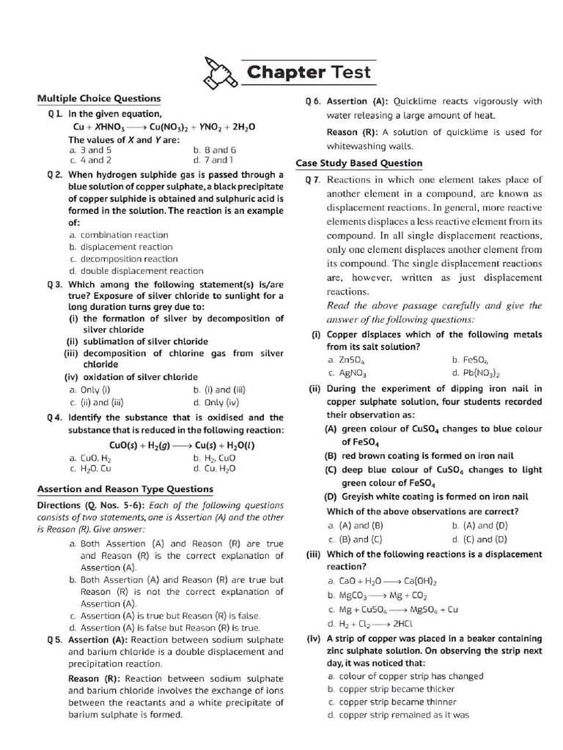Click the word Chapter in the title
pyautogui.click(x=285, y=73)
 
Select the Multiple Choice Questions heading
pyautogui.click(x=99, y=98)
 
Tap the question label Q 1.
pyautogui.click(x=55, y=114)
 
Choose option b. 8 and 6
pyautogui.click(x=214, y=149)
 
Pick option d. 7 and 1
pyautogui.click(x=213, y=159)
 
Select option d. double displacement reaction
pyautogui.click(x=136, y=270)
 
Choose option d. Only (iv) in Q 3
pyautogui.click(x=216, y=402)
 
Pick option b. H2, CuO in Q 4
pyautogui.click(x=212, y=458)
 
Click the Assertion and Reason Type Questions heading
pyautogui.click(x=125, y=489)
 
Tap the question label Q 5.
pyautogui.click(x=55, y=639)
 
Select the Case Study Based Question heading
pyautogui.click(x=358, y=163)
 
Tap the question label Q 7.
pyautogui.click(x=313, y=179)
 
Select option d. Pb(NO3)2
pyautogui.click(x=475, y=373)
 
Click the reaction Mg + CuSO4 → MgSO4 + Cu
pyautogui.click(x=393, y=609)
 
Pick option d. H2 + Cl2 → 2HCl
pyautogui.click(x=370, y=624)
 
